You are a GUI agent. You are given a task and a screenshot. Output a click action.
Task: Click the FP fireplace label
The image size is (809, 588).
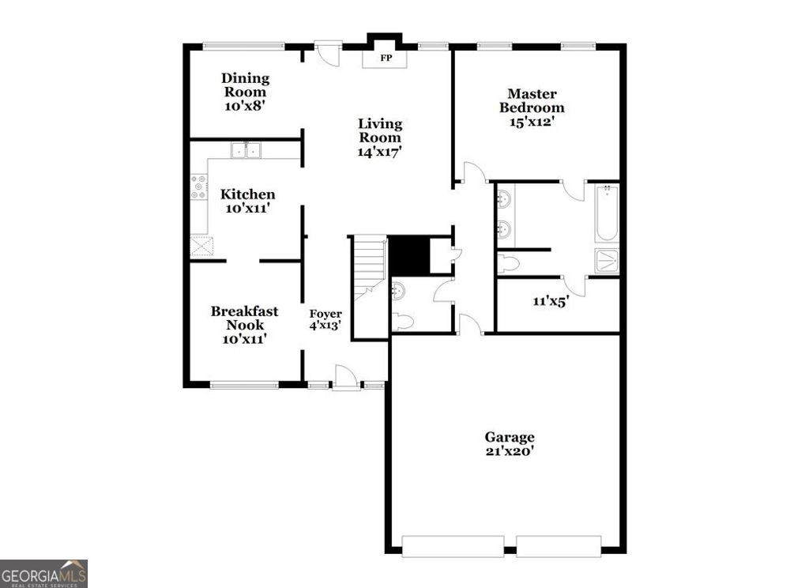[x=386, y=58]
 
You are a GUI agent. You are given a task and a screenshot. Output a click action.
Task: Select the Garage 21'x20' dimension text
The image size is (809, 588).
[x=510, y=451]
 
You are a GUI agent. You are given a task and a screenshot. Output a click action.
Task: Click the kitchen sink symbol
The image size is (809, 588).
[x=246, y=149]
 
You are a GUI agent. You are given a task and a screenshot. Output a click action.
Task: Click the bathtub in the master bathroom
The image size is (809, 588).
[x=607, y=213]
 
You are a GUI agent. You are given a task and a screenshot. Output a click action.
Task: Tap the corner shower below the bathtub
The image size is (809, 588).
[x=607, y=262]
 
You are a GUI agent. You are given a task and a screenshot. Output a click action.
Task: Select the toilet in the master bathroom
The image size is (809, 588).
[x=508, y=263]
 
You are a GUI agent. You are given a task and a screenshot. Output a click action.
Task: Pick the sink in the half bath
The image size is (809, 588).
[x=399, y=290]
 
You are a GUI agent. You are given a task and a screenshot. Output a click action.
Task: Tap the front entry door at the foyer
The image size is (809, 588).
[x=345, y=378]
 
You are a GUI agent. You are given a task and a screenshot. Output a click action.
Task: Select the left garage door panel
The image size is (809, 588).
[x=453, y=546]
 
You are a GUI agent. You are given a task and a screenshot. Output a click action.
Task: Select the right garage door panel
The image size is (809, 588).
[x=559, y=546]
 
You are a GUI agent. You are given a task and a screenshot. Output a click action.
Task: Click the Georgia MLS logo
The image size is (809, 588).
[x=43, y=573]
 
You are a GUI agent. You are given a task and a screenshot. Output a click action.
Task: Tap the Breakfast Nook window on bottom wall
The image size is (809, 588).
[x=244, y=386]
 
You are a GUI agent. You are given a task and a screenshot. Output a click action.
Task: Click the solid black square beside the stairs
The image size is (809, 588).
[x=408, y=255]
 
